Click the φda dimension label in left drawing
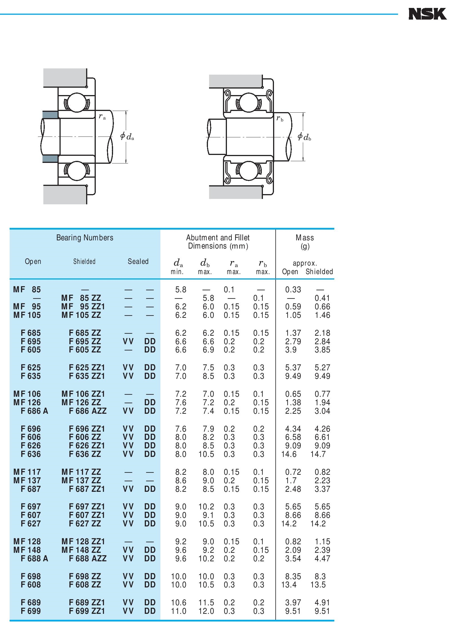tap(127, 136)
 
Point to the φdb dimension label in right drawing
tap(304, 137)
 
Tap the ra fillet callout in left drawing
tap(102, 116)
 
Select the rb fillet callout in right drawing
tap(280, 118)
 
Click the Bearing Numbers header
tap(85, 238)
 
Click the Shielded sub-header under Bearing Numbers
tap(84, 261)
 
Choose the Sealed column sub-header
tap(138, 261)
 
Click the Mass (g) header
tap(305, 241)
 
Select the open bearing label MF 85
tap(27, 289)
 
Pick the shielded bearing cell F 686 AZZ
tap(88, 411)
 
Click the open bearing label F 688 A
tap(34, 558)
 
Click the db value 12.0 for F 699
tap(206, 611)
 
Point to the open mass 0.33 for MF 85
tap(293, 289)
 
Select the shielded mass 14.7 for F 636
tap(318, 454)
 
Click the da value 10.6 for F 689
tap(178, 602)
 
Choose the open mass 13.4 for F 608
tap(289, 585)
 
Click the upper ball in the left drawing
tap(76, 102)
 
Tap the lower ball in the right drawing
tap(248, 171)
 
